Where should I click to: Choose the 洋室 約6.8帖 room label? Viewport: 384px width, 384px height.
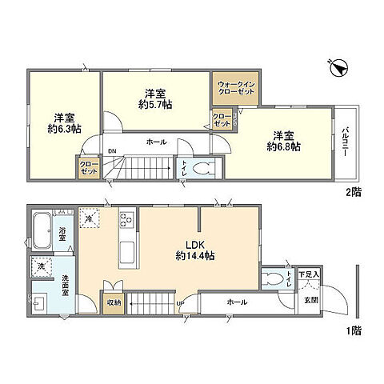pos(283,141)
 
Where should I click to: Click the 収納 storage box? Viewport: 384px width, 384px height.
pos(112,302)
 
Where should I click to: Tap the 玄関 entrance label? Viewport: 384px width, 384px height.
pos(310,301)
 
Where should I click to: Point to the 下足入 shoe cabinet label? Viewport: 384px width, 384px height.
pos(309,274)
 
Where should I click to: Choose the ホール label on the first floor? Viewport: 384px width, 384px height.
pos(237,302)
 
